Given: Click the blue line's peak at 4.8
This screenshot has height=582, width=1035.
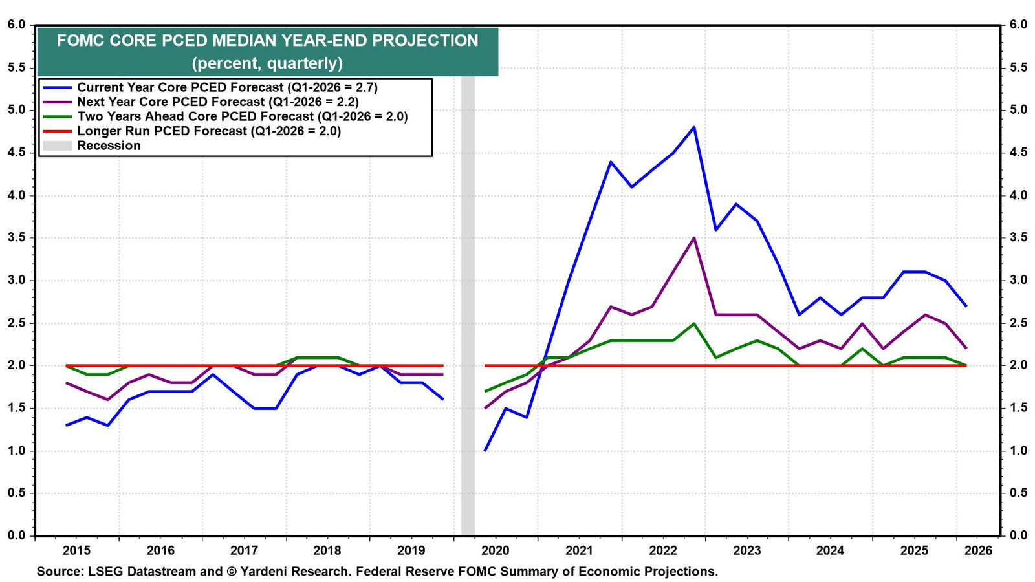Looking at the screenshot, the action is pos(694,127).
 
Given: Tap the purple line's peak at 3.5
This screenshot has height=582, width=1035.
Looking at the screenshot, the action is pos(694,238).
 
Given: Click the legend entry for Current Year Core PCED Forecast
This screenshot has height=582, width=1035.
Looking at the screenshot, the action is pos(210,87).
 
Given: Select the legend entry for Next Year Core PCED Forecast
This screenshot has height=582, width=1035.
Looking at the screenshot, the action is pos(201,102).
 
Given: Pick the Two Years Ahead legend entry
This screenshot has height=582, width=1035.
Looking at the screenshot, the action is pos(226,116).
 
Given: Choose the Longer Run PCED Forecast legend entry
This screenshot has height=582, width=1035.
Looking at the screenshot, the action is pos(191,131).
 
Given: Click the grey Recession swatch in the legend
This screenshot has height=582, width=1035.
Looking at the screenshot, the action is pos(58,146).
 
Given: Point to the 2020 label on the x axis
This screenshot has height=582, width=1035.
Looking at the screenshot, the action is pos(496,550).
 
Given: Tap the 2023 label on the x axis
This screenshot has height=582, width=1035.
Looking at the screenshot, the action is pos(746,550).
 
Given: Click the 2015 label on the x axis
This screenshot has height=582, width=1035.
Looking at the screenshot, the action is pos(77,550).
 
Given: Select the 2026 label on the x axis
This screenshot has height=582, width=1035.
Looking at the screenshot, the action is pos(978,550).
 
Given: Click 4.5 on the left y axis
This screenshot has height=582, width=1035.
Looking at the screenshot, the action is pos(17,153).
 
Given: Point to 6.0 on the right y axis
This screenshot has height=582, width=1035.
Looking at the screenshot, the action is pos(1018,25).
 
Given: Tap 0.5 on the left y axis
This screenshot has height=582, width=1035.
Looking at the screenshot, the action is pos(17,493).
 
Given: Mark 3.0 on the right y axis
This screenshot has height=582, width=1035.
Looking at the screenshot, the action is pos(1018,280).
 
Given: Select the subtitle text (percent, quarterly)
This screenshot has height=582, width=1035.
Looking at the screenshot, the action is pos(267,63).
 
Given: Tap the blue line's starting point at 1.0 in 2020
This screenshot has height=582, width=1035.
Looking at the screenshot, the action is pos(485,450).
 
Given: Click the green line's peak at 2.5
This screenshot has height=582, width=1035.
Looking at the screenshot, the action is pos(694,323).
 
